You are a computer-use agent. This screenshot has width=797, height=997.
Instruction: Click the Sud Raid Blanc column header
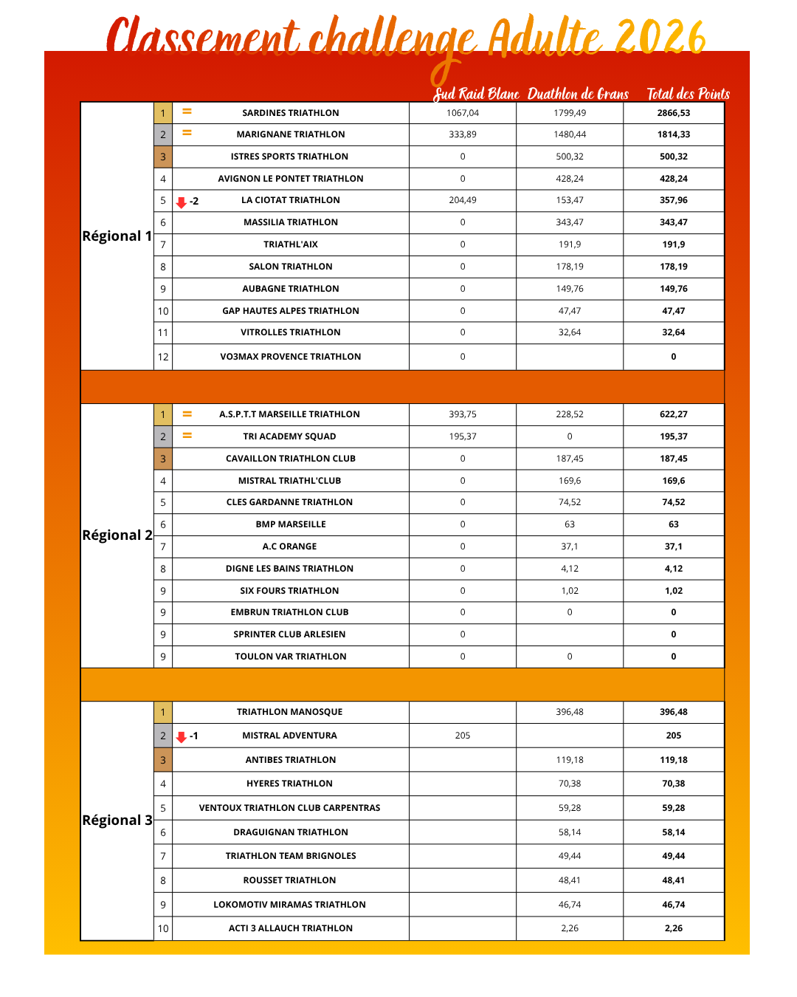click(476, 94)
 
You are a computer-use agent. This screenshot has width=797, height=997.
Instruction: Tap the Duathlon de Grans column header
click(578, 94)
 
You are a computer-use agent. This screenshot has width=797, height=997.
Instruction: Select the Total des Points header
click(688, 94)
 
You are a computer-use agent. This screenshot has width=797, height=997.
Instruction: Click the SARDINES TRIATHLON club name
click(291, 113)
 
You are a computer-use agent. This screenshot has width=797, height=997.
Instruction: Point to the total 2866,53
click(673, 113)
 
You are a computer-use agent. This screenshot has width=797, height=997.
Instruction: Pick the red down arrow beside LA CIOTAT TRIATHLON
click(182, 202)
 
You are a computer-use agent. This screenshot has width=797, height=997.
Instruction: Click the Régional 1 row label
click(117, 236)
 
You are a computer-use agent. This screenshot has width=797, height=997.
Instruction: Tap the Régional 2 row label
click(117, 535)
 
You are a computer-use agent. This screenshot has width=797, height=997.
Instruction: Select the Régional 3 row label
click(117, 820)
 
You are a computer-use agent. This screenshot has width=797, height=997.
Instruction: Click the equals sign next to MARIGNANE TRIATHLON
click(187, 133)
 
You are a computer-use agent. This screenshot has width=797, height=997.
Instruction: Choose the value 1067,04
click(463, 113)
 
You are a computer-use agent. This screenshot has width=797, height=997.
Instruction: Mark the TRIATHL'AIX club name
click(291, 244)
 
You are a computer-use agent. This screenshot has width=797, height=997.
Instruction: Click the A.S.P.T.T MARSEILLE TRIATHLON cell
click(289, 414)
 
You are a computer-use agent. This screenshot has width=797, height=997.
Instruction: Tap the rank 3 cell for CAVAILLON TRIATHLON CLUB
click(163, 459)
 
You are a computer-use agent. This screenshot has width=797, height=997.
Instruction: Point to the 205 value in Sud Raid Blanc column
click(463, 736)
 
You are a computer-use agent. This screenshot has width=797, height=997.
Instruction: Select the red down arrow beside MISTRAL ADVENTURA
click(182, 737)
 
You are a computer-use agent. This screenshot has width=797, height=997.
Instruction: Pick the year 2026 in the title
click(660, 37)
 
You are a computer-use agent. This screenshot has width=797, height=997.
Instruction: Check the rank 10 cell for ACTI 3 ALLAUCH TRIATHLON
click(163, 929)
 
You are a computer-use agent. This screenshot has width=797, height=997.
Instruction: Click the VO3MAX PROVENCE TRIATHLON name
click(291, 357)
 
